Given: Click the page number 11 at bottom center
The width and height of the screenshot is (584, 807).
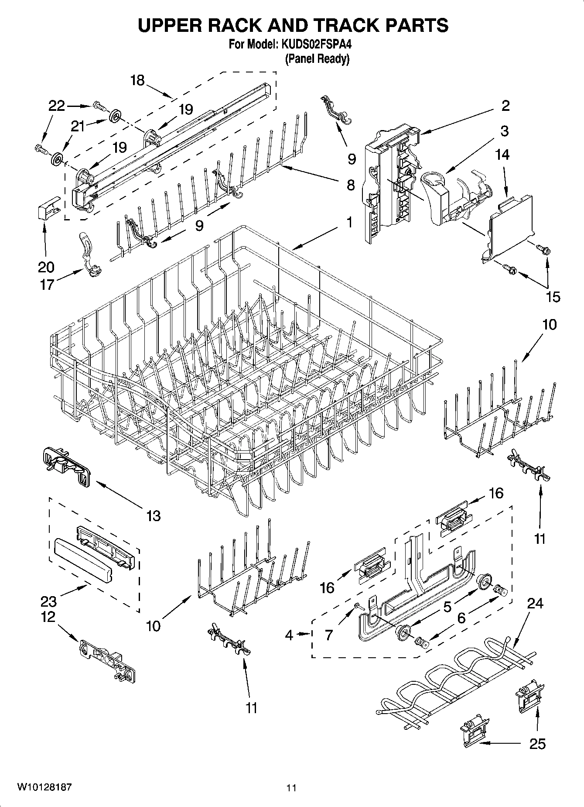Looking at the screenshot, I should point(291,788).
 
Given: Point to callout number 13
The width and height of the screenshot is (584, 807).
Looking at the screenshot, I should point(154,515).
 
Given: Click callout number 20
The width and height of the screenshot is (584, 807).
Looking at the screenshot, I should point(46,267).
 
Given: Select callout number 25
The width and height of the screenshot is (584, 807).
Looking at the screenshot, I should point(537,743).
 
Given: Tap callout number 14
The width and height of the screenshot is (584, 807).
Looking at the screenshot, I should point(502,155).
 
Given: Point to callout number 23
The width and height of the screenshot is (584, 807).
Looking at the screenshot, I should point(48,601).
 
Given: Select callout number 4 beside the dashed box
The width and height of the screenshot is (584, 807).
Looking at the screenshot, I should point(289,635).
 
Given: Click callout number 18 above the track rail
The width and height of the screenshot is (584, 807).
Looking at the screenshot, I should point(137,80).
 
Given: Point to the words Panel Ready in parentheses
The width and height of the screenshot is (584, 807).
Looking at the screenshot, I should point(317,58).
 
